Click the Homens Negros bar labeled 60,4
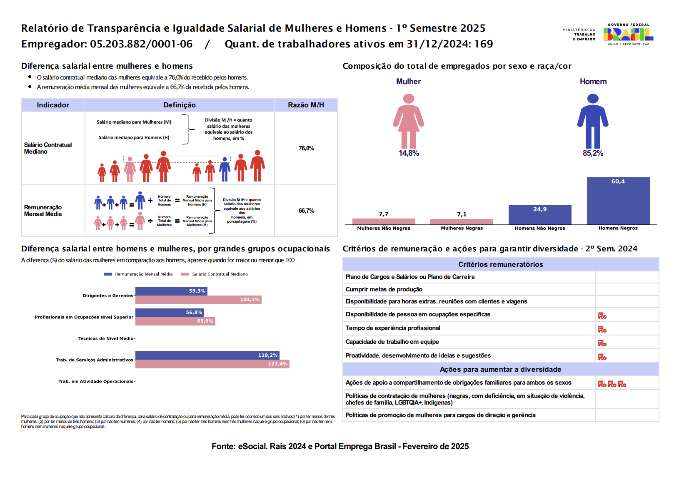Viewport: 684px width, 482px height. coord(618,201)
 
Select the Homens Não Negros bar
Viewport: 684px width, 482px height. coord(539,215)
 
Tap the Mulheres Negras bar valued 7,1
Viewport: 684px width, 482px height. coord(462,221)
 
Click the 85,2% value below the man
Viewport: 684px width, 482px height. coord(593,153)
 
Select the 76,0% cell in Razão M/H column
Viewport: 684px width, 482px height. coord(306,148)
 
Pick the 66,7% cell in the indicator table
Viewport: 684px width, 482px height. coord(306,211)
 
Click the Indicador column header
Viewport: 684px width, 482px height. coord(53,105)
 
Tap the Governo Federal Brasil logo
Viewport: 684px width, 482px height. coord(628,35)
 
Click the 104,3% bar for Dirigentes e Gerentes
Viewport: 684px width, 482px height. coord(198,300)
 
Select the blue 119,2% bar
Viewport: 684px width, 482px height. coord(207,355)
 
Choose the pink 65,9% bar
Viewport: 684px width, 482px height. coord(175,321)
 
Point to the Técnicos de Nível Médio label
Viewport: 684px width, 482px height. coord(106,338)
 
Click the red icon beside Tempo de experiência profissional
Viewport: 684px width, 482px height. coord(602,329)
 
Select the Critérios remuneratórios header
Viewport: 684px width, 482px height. coord(500,264)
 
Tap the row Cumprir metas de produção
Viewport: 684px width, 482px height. coord(384,289)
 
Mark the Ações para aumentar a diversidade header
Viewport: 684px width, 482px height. coord(500,369)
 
